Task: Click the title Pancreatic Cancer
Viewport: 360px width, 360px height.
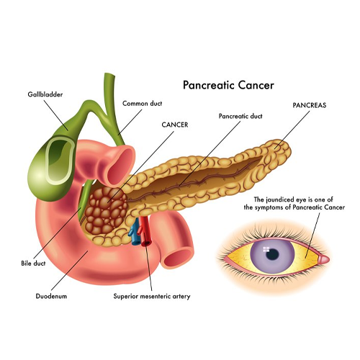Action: point(228,86)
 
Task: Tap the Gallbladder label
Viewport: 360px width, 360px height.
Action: point(45,94)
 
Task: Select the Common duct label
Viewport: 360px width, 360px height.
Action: point(142,104)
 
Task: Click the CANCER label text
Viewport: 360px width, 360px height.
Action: point(175,125)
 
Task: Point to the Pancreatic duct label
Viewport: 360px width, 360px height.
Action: point(240,116)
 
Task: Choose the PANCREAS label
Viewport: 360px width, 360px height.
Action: point(310,105)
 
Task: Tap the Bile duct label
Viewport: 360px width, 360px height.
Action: point(33,264)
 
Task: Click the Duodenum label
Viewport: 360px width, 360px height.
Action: point(51,296)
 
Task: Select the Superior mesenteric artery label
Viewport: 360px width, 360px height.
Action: point(152,297)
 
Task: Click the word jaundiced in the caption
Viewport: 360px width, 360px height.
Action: point(279,199)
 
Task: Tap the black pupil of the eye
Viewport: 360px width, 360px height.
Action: point(273,254)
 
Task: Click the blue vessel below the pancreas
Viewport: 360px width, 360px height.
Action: point(135,232)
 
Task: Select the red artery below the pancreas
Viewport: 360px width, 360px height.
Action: point(145,232)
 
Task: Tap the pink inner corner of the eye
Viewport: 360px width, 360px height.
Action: point(323,259)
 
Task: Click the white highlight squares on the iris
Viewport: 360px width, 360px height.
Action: point(266,249)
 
